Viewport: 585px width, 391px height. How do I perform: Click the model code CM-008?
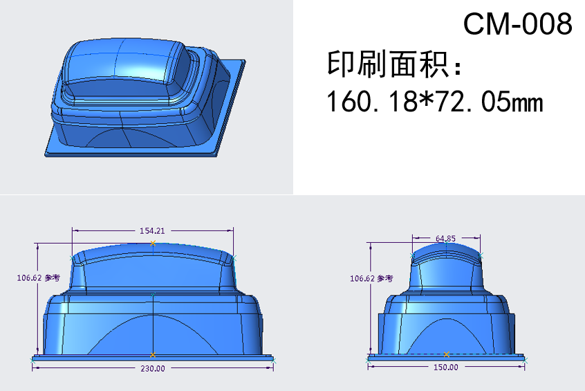[517, 24]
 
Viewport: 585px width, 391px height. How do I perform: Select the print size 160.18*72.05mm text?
[435, 101]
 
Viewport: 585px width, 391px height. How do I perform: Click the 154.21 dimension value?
[152, 230]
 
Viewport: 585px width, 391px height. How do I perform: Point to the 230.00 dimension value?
[153, 369]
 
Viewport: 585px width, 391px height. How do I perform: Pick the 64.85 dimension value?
[445, 238]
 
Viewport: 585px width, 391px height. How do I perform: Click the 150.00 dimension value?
[446, 367]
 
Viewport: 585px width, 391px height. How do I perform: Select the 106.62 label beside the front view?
[28, 278]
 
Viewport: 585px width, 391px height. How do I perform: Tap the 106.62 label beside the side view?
[362, 279]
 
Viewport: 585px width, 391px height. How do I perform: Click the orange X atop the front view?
[153, 243]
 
